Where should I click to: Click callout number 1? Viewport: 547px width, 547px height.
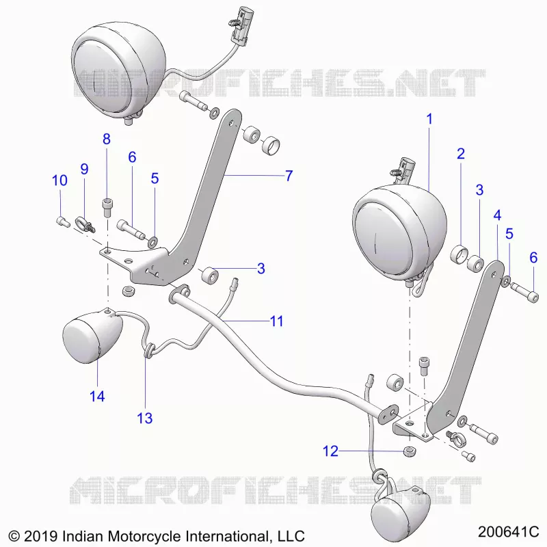429,119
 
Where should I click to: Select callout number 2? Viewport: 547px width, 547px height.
461,154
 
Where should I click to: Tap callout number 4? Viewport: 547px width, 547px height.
497,215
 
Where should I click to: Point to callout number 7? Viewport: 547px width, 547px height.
289,176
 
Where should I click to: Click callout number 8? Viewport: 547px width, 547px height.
107,139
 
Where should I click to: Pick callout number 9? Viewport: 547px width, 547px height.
84,169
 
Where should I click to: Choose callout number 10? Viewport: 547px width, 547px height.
59,181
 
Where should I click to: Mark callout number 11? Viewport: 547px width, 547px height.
277,321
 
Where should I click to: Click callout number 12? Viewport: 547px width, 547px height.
330,451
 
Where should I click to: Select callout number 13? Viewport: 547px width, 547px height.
145,418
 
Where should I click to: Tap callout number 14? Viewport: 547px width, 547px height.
97,397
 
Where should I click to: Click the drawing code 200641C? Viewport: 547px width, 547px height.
508,532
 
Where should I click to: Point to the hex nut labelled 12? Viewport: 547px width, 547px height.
409,451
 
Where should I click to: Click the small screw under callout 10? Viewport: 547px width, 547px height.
63,222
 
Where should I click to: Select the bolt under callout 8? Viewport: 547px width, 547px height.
107,208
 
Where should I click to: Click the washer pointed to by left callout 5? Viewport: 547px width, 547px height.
152,242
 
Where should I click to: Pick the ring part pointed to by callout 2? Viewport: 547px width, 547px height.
459,254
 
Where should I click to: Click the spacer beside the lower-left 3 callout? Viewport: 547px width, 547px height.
210,274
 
